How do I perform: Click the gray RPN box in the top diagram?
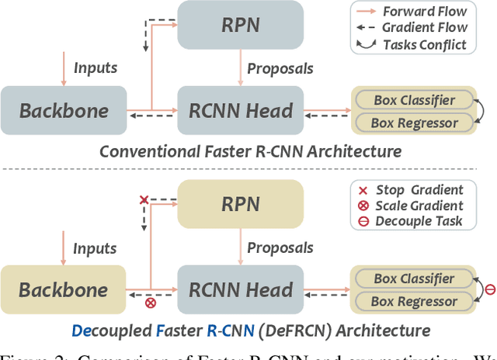pos(240,26)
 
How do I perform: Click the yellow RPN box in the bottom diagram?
pos(240,205)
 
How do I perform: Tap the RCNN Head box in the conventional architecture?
pos(241,110)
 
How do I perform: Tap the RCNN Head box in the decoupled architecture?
pos(241,289)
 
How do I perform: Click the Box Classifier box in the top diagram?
pos(414,100)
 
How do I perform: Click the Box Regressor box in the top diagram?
pos(414,122)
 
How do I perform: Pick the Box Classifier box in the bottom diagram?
pos(414,279)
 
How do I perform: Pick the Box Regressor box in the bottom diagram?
pos(414,301)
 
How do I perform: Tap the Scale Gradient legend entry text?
pos(419,206)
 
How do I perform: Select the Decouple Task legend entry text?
pos(419,221)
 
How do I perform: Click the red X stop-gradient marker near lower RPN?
pos(143,200)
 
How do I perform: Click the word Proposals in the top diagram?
pos(280,68)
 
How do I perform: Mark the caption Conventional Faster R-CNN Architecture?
pos(250,151)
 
